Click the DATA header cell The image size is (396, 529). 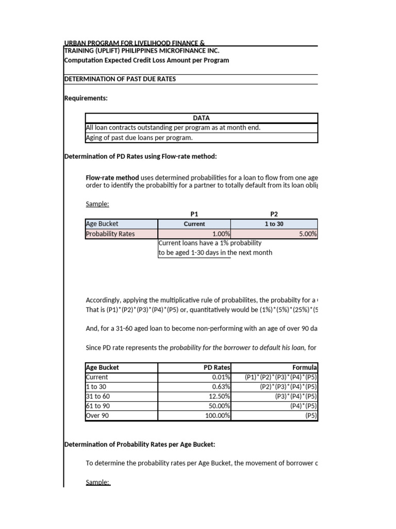[x=201, y=118]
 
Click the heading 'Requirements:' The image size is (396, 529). [x=86, y=98]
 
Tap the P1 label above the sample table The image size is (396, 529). [x=194, y=213]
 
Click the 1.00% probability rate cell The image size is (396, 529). [x=194, y=234]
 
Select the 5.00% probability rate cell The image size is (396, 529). [x=274, y=234]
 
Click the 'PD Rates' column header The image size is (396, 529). [x=217, y=367]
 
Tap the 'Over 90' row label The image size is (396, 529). [x=97, y=415]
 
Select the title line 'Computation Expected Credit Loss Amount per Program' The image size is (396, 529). [x=146, y=60]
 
